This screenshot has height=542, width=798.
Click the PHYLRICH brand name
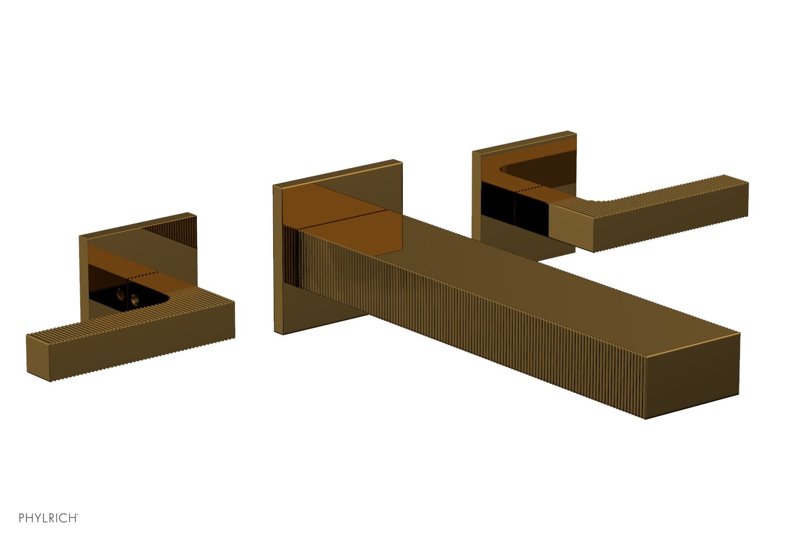[x=48, y=518]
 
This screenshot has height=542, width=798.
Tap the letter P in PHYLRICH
[x=22, y=518]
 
